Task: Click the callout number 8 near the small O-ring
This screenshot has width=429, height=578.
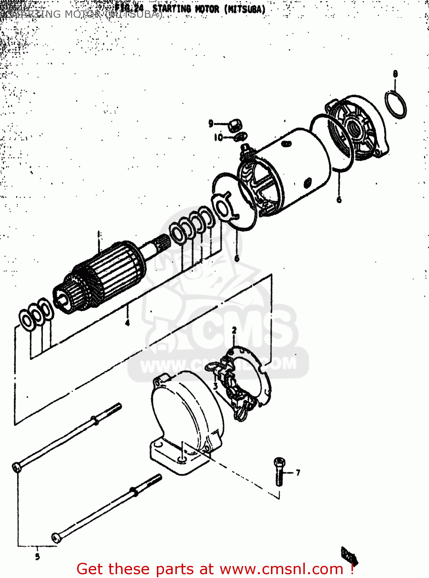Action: click(x=395, y=74)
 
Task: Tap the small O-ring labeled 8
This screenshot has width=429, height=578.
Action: click(x=395, y=104)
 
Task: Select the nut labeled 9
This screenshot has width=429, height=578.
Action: click(x=235, y=125)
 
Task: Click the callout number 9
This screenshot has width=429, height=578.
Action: click(x=211, y=123)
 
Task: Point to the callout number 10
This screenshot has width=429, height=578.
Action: click(x=218, y=137)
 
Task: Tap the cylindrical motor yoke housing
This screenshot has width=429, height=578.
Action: click(x=293, y=166)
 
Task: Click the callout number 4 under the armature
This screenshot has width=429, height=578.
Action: click(x=127, y=322)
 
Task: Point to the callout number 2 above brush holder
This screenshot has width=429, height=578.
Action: click(x=234, y=330)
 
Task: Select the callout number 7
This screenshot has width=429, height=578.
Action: click(x=298, y=472)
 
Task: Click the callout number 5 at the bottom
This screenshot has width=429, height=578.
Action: click(x=37, y=556)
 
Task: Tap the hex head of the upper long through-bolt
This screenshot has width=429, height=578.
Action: click(x=17, y=467)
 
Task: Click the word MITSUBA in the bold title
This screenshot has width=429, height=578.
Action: click(x=246, y=9)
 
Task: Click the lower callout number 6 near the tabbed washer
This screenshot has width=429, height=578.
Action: click(x=237, y=258)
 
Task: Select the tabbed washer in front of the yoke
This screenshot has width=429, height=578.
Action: click(x=223, y=208)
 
